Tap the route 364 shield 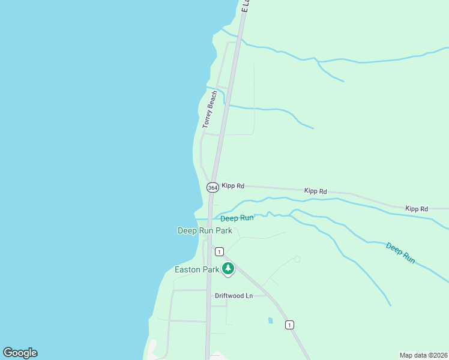pos(212,187)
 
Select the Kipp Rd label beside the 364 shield pos(233,186)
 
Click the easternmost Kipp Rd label pos(416,208)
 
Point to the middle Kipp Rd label pos(315,191)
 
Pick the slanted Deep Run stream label pos(400,253)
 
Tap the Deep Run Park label pos(205,230)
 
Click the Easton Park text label pos(197,269)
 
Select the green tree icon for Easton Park pos(228,268)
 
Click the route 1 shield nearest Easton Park pos(220,251)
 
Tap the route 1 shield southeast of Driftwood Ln pos(290,325)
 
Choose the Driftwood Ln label pos(234,296)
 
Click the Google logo pos(20,353)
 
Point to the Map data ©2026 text pos(424,355)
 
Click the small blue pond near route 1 pos(270,320)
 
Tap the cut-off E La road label pos(245,7)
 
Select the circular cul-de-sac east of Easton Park pos(297,259)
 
